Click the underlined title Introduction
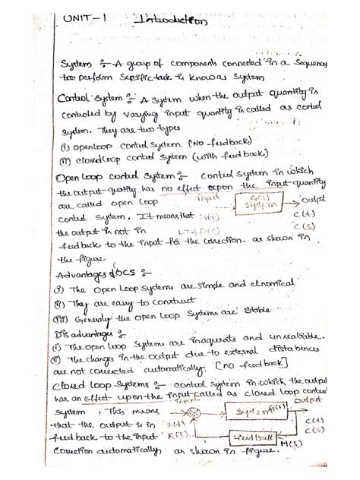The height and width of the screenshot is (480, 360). click(x=169, y=23)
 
